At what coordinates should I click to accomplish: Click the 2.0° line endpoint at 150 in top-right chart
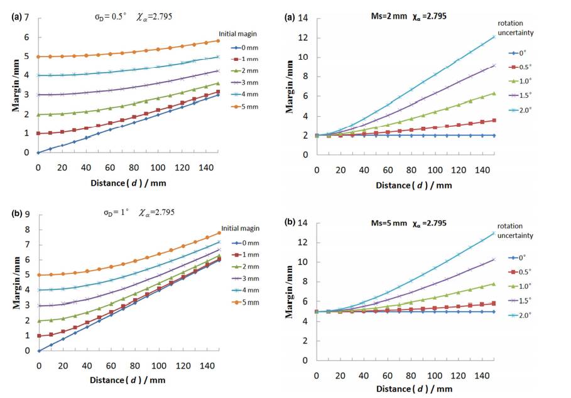[495, 36]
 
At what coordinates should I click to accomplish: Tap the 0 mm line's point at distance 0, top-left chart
[38, 153]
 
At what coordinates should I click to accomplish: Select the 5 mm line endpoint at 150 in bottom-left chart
[219, 233]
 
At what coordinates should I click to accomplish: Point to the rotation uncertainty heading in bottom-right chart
[515, 230]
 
